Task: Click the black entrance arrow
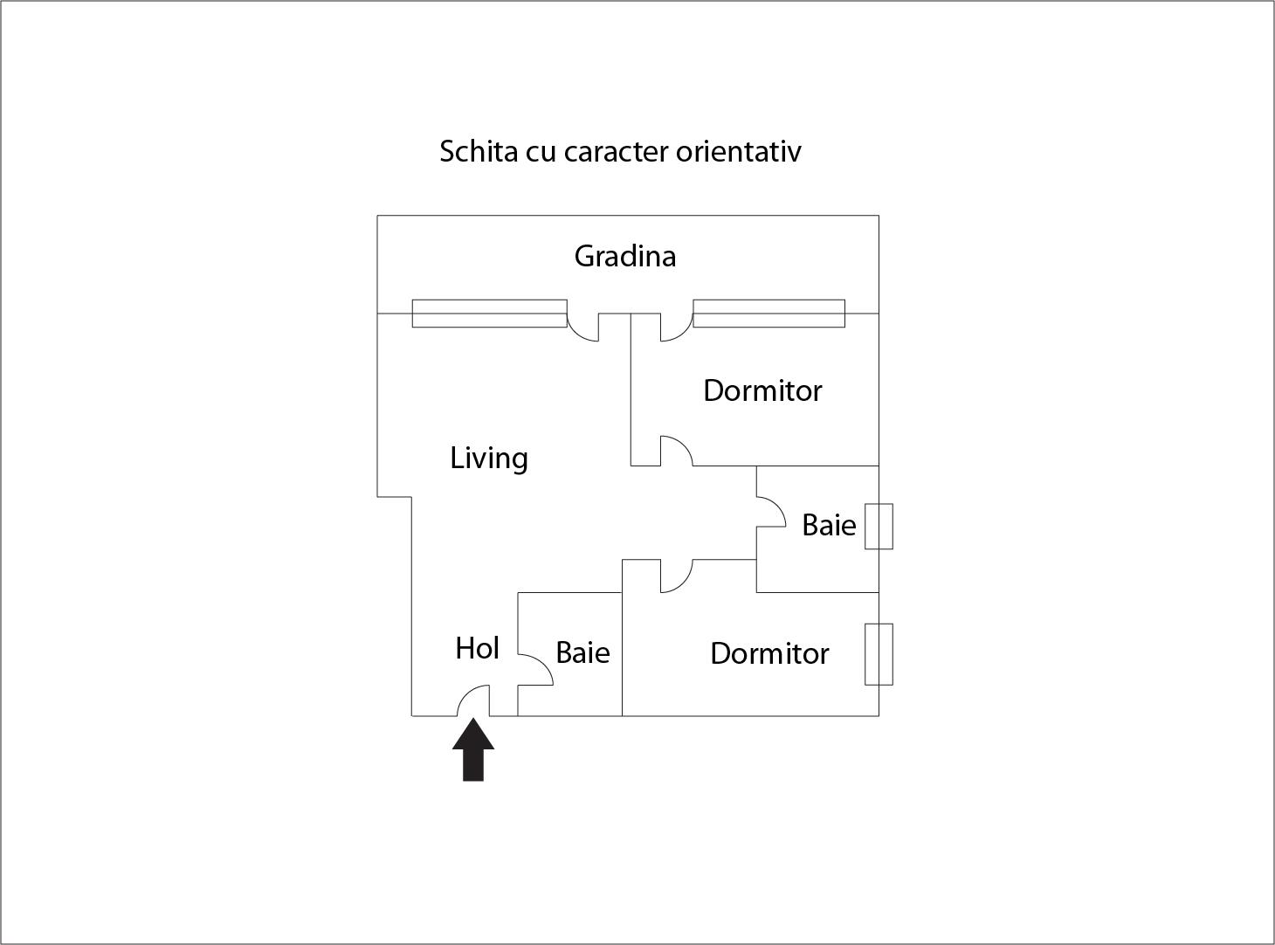(473, 748)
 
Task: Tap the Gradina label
(625, 256)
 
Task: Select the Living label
(489, 459)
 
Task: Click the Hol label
(477, 648)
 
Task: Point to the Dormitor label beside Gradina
(762, 390)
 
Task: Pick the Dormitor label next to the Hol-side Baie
(769, 653)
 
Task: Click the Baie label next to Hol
(582, 652)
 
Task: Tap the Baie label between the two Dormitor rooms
(829, 525)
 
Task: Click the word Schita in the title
(479, 151)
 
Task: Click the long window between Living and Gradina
(490, 314)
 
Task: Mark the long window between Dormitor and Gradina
(769, 314)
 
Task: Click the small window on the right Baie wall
(879, 527)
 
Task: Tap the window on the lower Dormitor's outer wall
(879, 654)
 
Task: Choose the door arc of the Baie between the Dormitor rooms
(776, 507)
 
